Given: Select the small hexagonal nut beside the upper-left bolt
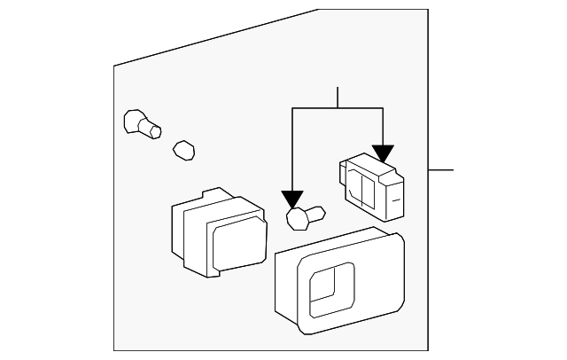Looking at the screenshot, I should (x=183, y=149).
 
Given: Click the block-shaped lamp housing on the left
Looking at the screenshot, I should (x=216, y=232).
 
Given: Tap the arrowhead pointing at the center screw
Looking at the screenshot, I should (x=291, y=199).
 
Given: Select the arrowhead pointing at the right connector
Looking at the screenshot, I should (x=383, y=153).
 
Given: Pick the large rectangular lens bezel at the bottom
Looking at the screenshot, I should (x=339, y=279).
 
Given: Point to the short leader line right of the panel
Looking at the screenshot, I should (x=440, y=169).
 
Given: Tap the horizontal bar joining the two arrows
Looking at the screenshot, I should (x=338, y=108).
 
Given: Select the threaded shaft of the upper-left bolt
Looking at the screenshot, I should (x=152, y=129).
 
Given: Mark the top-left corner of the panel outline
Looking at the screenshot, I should (x=114, y=67).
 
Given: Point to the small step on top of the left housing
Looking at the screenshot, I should (x=212, y=192).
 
